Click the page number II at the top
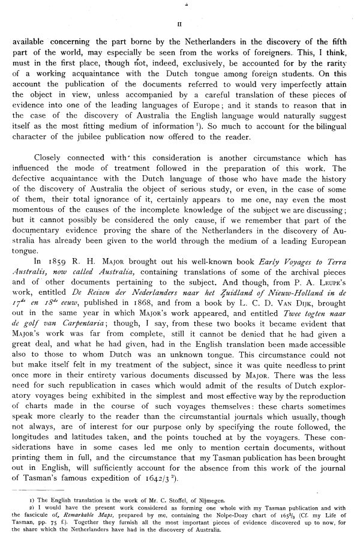click(x=181, y=25)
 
